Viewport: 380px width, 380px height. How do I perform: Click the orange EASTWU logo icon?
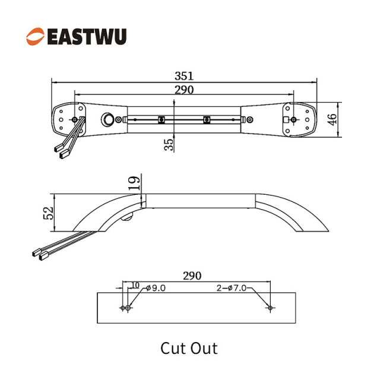35,36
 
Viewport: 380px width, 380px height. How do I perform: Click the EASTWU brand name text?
87,37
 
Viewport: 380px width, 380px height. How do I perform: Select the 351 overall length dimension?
184,76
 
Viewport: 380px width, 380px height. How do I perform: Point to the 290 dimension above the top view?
184,90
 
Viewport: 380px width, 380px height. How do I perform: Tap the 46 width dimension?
332,119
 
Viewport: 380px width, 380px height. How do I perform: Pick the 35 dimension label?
169,145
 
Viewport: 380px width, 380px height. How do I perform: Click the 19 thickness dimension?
134,183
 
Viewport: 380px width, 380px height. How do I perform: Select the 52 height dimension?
48,213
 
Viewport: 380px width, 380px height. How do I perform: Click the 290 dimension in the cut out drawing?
192,275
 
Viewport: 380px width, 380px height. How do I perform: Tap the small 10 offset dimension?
135,285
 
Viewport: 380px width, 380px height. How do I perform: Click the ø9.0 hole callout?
156,288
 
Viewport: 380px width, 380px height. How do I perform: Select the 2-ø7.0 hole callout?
232,288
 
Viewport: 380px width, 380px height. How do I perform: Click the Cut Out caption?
189,349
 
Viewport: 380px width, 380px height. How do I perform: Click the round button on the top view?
107,119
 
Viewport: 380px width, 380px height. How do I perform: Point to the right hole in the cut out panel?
270,308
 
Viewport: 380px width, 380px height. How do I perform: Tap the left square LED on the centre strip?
161,119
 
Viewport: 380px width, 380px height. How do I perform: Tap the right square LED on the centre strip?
207,119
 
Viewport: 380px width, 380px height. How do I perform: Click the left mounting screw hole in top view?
75,119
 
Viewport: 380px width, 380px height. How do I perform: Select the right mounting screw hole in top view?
293,119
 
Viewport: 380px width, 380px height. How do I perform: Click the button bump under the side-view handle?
126,218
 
